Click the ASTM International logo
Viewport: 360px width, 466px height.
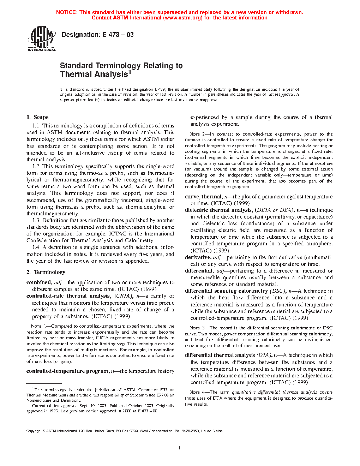click(x=41, y=39)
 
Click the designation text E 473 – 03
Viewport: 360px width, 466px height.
click(x=98, y=35)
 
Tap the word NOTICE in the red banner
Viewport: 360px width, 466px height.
click(x=66, y=12)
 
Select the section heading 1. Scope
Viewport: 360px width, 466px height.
click(x=37, y=117)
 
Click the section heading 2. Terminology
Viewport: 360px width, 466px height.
click(x=46, y=272)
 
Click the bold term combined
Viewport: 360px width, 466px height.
click(x=39, y=282)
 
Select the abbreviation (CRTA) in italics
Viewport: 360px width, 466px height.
click(x=124, y=296)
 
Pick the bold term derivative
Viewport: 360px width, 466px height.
click(x=198, y=257)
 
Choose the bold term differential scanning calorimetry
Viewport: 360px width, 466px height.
click(x=226, y=291)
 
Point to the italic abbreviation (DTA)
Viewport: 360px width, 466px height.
click(x=264, y=356)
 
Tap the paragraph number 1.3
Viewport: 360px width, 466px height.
click(x=36, y=220)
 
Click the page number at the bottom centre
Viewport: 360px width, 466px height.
click(x=180, y=448)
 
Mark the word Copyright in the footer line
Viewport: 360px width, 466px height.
click(x=34, y=431)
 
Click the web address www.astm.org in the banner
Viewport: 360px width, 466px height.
click(x=183, y=18)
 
